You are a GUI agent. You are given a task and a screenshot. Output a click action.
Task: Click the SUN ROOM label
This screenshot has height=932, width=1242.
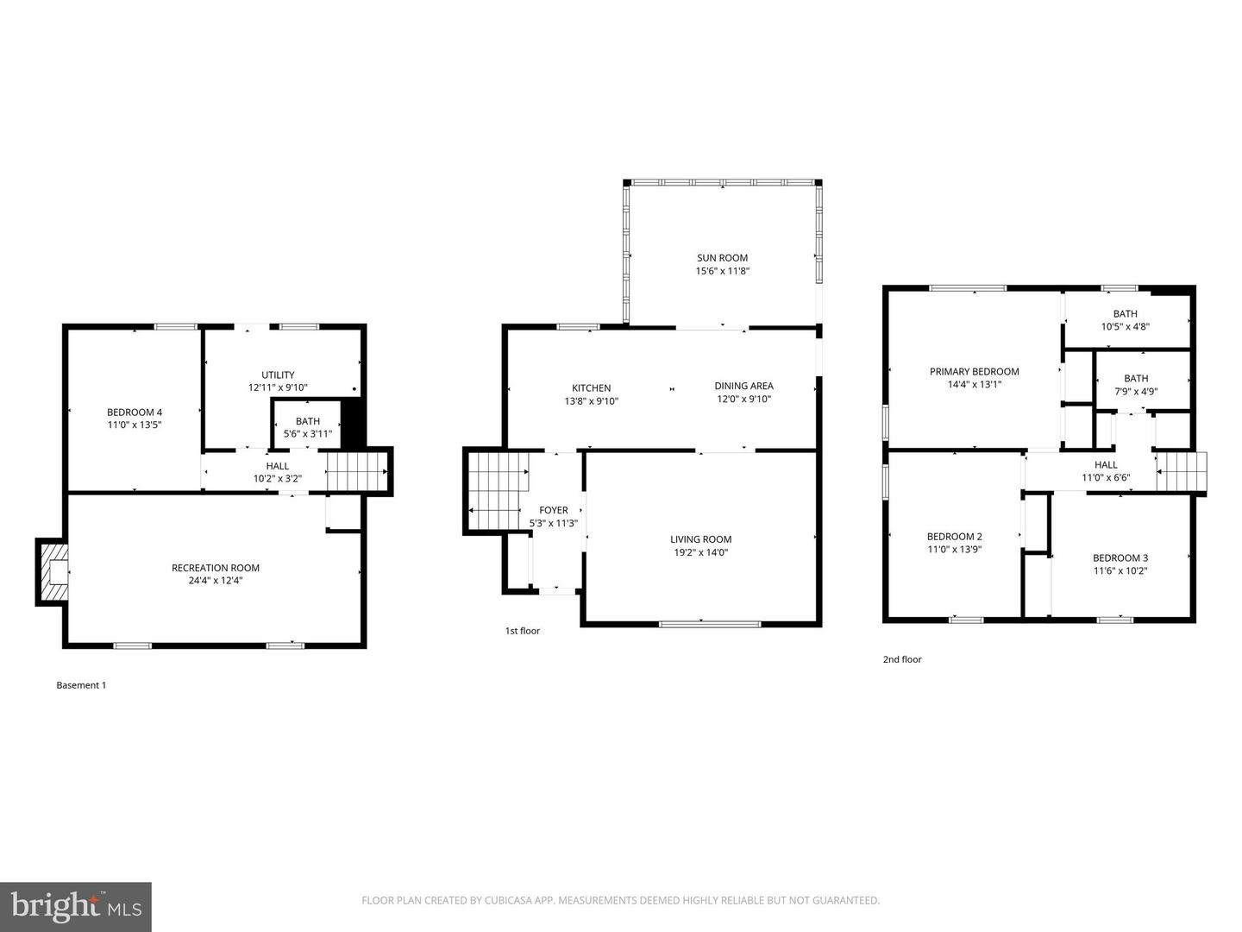[722, 257]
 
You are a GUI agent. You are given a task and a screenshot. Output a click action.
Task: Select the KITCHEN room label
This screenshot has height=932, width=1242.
[591, 387]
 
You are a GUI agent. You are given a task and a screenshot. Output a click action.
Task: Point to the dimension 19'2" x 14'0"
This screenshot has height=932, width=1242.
[700, 552]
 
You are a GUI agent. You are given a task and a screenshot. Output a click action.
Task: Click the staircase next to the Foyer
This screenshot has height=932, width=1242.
[497, 491]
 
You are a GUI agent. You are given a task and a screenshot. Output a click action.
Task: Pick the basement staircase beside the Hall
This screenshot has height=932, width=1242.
[357, 471]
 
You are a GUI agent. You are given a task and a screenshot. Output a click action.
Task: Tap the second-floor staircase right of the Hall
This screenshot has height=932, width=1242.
[1181, 472]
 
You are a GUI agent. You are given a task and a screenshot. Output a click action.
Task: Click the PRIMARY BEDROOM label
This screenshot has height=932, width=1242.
[974, 371]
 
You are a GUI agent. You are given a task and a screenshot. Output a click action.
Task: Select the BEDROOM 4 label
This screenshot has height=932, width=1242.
[135, 412]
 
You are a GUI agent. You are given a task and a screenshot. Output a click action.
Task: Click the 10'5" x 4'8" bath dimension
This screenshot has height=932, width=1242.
[1125, 327]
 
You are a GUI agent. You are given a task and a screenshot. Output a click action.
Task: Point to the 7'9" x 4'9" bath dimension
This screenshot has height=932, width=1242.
[1136, 391]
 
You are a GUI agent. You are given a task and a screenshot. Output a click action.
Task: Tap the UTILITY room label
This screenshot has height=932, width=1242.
[278, 375]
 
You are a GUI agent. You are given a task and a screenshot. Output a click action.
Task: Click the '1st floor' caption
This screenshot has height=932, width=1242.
[523, 631]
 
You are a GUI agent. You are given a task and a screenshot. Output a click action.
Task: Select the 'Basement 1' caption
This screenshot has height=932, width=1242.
[81, 685]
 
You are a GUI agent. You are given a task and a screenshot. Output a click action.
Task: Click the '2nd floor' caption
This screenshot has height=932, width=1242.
[902, 659]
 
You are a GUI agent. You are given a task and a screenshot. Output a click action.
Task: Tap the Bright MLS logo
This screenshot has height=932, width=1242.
[76, 906]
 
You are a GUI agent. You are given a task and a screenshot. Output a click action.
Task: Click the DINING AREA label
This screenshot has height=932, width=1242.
[743, 386]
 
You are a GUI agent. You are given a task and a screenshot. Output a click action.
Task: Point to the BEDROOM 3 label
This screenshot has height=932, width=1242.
[1120, 557]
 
